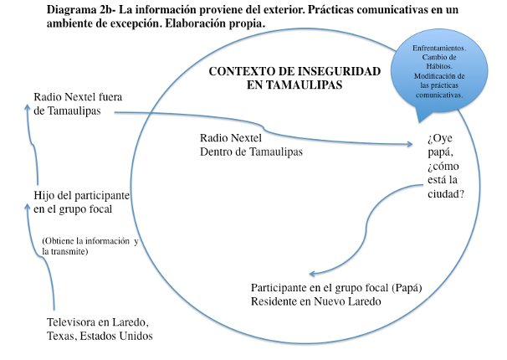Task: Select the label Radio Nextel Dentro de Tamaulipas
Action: (251, 144)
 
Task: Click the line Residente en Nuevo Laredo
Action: (316, 301)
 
